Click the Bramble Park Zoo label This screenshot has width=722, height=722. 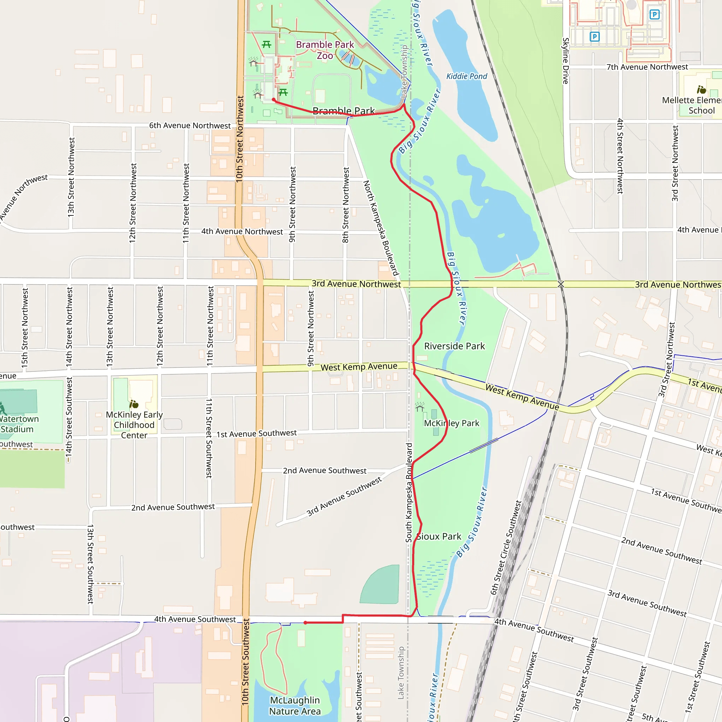coord(324,50)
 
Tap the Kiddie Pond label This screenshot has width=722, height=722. coord(467,76)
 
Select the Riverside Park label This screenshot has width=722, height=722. coord(454,346)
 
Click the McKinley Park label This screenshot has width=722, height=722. coord(452,423)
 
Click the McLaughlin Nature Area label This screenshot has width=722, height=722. coord(295,705)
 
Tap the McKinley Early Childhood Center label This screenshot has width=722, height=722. coord(134,425)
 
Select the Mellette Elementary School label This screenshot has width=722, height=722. coord(691,105)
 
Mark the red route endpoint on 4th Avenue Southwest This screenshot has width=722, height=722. coord(305,623)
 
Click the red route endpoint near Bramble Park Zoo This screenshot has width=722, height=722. coord(274,100)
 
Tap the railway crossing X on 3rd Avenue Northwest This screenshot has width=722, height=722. coord(561,284)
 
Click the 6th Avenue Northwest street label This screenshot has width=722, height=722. coord(190,126)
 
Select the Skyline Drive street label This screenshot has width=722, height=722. coord(566,61)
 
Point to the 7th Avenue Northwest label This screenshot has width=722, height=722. coord(647,67)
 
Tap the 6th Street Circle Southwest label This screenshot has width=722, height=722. coord(506,548)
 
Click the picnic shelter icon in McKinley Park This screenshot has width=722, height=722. coord(420,406)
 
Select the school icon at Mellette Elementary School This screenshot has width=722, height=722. coord(702,90)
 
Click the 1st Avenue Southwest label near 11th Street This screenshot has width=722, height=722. coord(256,434)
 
